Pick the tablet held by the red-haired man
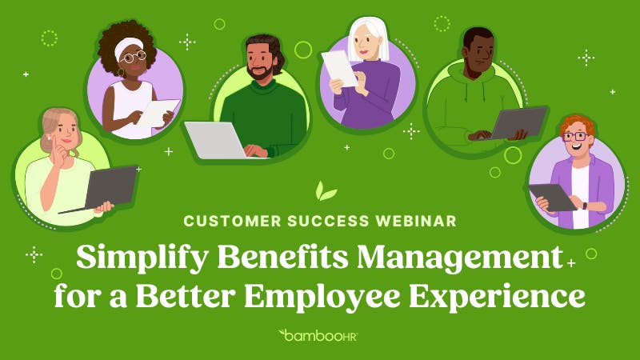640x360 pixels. [x=553, y=196]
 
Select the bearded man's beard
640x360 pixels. [x=260, y=71]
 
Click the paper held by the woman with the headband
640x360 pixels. [x=158, y=111]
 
